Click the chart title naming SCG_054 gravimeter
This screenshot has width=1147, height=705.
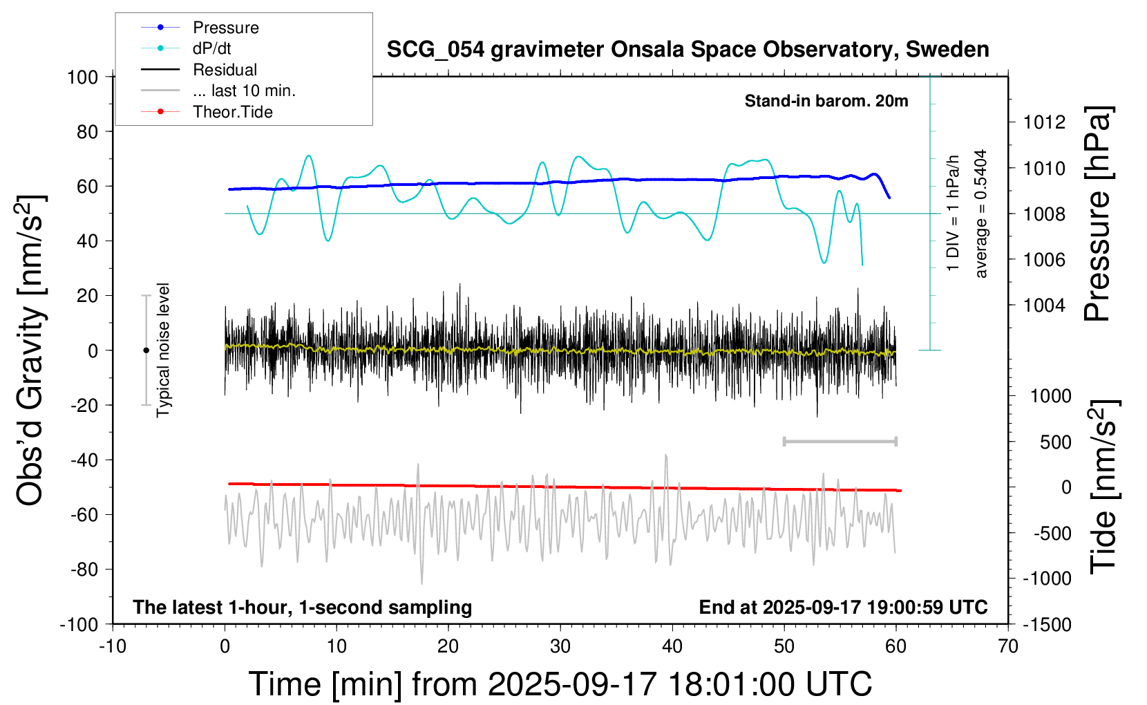688,50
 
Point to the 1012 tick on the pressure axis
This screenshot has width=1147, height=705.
1044,122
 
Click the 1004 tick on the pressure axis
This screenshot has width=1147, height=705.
1044,305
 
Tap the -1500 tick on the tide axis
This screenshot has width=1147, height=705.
1047,625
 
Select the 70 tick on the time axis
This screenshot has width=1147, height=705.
1008,647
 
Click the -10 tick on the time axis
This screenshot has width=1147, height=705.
113,647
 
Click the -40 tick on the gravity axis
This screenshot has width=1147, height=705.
84,460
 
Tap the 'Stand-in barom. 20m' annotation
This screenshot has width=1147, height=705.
826,101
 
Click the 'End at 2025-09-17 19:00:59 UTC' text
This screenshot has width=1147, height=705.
843,608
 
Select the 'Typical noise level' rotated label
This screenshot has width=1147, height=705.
163,350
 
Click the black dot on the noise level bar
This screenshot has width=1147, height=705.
146,350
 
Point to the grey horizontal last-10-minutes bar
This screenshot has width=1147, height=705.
840,441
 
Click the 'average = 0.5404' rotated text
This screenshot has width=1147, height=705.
981,214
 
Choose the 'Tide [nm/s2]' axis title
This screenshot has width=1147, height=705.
1103,487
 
